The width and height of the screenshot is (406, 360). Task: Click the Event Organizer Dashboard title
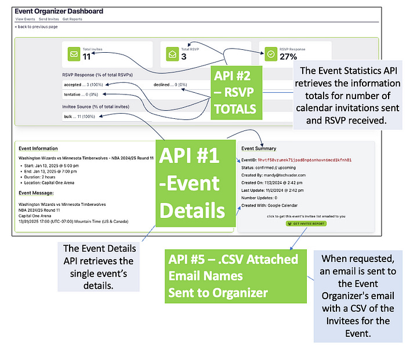tap(59, 11)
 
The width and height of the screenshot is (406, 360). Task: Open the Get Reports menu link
tap(72, 19)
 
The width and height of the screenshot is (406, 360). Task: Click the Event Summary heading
tap(259, 148)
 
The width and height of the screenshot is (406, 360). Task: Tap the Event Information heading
tap(38, 148)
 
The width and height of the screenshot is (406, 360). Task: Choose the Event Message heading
tap(36, 192)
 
